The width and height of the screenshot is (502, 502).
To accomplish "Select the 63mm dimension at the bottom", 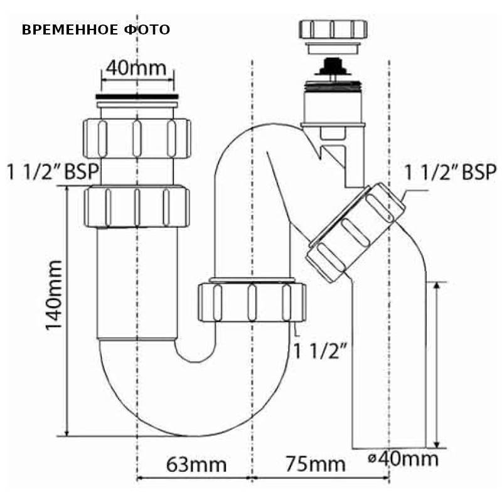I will coord(196,464).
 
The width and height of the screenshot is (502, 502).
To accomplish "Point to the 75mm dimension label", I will coord(315,464).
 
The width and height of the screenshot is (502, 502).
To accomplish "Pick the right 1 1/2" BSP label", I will coord(450,172).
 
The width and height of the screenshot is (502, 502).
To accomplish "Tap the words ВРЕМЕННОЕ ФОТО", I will coord(96,30).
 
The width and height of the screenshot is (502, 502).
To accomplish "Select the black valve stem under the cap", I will coord(332,67).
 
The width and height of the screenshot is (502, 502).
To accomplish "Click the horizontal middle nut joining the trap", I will coord(252,302).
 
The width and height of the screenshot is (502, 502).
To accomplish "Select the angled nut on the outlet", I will coord(352,232).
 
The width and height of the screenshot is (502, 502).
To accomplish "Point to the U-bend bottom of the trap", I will coord(182,402).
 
